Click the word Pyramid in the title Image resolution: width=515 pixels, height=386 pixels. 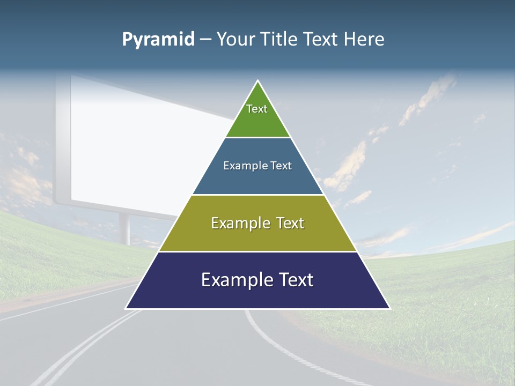158,39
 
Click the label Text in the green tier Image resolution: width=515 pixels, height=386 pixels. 257,109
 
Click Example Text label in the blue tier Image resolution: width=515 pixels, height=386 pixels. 257,166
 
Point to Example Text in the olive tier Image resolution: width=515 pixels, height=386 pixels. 257,223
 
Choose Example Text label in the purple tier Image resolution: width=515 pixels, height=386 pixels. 257,280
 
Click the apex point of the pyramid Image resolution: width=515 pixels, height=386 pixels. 258,81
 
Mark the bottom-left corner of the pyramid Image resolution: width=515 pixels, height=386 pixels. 126,308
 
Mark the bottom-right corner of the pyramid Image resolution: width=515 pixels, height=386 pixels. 389,308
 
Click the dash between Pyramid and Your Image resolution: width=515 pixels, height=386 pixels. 205,39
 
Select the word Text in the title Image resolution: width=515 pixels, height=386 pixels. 321,39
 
